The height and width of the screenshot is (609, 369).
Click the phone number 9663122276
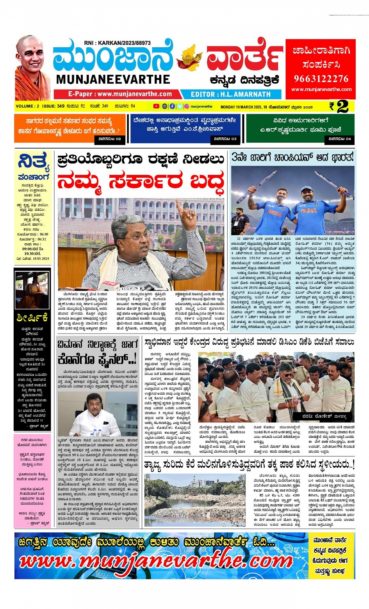tap(321, 79)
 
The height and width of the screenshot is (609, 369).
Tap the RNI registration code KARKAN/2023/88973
tap(117, 43)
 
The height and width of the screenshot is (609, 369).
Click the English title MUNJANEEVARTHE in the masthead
tap(113, 79)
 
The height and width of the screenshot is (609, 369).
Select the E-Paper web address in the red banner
tap(120, 94)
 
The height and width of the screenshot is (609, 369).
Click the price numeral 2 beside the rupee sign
tap(342, 106)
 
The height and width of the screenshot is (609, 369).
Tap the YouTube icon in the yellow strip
tap(156, 106)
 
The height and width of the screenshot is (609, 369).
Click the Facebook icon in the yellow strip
tap(172, 106)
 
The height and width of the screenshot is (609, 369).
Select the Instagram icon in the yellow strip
tap(187, 106)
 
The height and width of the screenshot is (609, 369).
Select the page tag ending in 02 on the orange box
tap(110, 139)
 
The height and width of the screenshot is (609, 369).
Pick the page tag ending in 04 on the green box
tap(339, 139)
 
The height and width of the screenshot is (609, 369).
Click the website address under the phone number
tap(321, 90)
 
